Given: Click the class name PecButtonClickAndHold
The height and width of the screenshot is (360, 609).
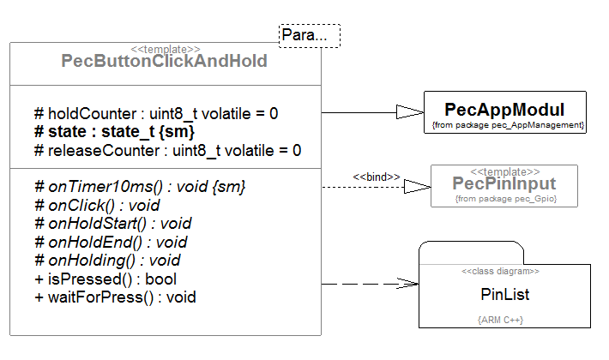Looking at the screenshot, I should [164, 62].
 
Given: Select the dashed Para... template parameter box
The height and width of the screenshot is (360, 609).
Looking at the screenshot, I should [309, 36].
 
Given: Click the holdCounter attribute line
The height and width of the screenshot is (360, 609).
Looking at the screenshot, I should [156, 113].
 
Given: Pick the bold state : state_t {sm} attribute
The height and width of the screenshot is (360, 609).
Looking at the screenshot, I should [114, 132].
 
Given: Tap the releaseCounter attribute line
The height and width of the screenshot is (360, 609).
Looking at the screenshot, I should [167, 151].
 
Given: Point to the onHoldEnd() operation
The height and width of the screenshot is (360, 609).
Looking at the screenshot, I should [110, 243].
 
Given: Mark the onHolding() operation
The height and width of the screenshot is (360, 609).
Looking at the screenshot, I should [106, 261].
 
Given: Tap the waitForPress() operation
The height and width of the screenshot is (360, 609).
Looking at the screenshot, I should [115, 297].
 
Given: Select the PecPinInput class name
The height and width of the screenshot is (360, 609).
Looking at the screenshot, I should [504, 183].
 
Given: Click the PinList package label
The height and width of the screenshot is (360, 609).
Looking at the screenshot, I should [504, 294].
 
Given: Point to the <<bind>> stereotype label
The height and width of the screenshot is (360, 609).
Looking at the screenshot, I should [377, 177].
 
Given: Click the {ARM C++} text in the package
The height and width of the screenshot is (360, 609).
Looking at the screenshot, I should [500, 320].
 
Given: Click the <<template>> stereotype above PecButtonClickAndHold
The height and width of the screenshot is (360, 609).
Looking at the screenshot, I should [165, 49].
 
